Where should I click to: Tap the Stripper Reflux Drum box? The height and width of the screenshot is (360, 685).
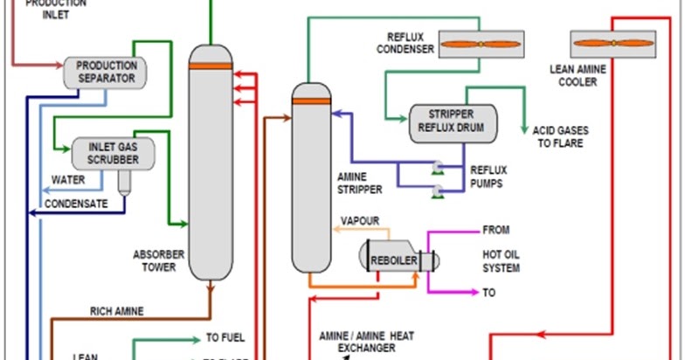[451, 123]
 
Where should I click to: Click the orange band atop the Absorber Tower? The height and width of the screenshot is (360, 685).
[211, 66]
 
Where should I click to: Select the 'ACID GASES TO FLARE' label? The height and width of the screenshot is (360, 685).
[561, 137]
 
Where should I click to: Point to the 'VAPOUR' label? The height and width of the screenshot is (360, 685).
[359, 220]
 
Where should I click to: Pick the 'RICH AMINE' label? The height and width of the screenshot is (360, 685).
[117, 310]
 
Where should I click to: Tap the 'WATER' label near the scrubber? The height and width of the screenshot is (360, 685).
[68, 181]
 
